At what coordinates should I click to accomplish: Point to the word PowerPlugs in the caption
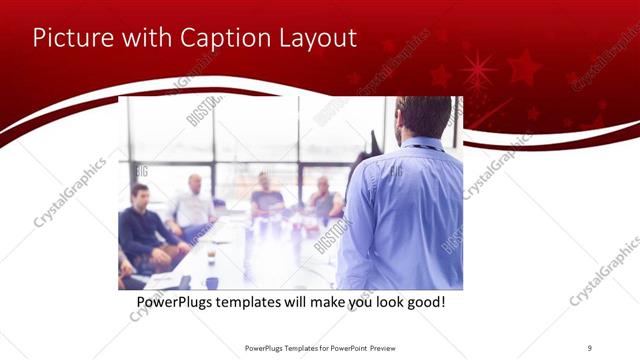tap(180, 300)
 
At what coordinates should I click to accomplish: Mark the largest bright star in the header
tap(478, 70)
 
